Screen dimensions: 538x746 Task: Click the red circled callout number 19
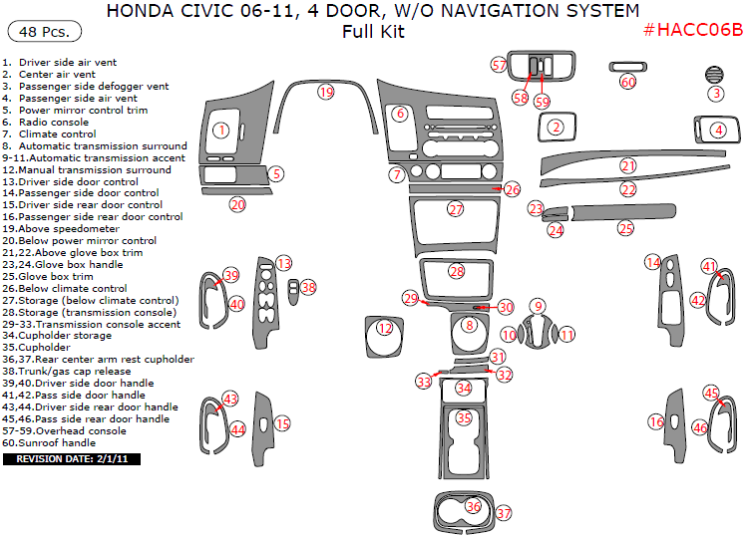(x=325, y=92)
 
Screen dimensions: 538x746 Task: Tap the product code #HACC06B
(x=692, y=29)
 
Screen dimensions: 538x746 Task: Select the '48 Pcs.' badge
(x=37, y=33)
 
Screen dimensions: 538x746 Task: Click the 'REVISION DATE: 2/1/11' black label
(x=73, y=459)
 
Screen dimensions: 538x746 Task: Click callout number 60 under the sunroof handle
(x=627, y=82)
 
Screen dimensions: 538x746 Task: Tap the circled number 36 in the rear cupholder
(x=474, y=507)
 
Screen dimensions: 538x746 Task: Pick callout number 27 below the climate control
(x=456, y=210)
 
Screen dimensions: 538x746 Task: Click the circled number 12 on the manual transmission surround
(x=385, y=328)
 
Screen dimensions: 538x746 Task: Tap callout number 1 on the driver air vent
(x=221, y=130)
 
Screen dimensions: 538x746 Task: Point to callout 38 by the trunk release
(x=308, y=287)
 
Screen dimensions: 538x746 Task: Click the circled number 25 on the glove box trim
(x=625, y=228)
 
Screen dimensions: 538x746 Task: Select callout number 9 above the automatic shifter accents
(x=538, y=307)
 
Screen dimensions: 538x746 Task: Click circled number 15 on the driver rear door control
(x=282, y=424)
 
